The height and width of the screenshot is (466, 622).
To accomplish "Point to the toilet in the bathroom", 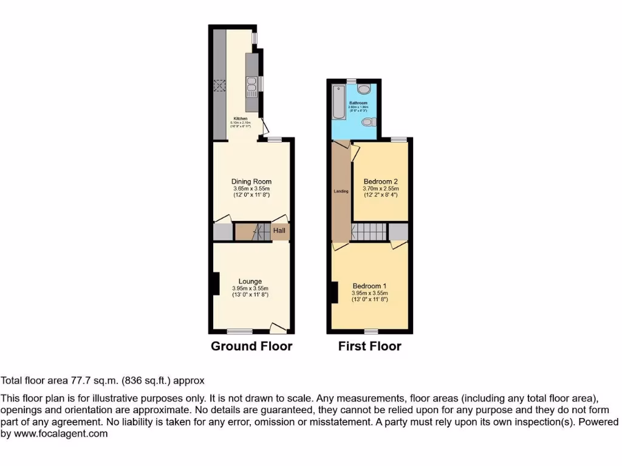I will click(366, 123).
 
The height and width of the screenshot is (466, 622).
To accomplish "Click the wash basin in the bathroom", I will click(364, 90).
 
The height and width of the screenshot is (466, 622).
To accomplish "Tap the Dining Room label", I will click(251, 181).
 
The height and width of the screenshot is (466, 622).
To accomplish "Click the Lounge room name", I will click(250, 281).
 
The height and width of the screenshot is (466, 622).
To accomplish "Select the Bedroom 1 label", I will click(370, 286).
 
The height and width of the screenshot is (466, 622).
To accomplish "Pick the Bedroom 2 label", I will click(380, 181).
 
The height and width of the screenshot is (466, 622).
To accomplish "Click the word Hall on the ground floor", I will click(279, 231).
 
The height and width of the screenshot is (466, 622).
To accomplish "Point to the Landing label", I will click(341, 192).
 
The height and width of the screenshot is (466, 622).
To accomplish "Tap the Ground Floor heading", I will click(251, 346).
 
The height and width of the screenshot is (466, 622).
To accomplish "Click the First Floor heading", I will click(370, 346).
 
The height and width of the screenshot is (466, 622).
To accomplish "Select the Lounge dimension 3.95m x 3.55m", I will click(250, 288).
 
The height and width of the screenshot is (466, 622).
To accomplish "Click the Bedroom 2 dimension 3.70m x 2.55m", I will click(381, 189).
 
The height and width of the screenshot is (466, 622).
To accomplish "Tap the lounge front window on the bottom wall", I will click(240, 331).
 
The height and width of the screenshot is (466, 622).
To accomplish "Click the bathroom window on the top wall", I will click(351, 81).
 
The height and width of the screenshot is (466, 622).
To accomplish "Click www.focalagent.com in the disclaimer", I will click(60, 434).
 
